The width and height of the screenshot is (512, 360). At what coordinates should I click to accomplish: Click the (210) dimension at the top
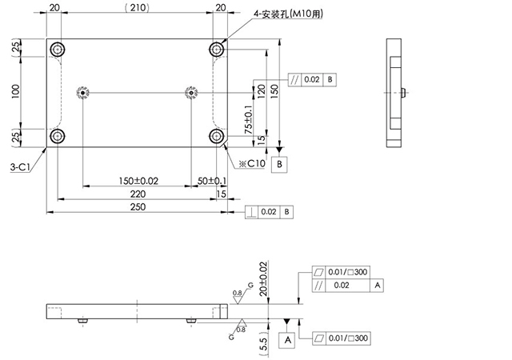click(x=138, y=8)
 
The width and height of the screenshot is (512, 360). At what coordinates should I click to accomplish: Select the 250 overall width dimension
click(x=138, y=206)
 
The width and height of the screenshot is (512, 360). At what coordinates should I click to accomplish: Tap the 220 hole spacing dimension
click(x=138, y=194)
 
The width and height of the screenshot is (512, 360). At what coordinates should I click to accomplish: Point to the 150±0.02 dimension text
click(x=138, y=181)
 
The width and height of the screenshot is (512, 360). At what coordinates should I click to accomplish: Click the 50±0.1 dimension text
click(x=212, y=181)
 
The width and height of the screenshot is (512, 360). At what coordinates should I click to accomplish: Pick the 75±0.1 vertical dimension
click(x=249, y=119)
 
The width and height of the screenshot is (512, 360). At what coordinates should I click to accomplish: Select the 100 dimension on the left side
click(x=15, y=92)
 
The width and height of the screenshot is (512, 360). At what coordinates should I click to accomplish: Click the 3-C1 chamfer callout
click(x=20, y=167)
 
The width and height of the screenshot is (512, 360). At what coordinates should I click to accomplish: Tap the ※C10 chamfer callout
click(x=252, y=163)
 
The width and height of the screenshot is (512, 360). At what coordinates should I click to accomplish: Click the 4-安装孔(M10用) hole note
click(x=288, y=14)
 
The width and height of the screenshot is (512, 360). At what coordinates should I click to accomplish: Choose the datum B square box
click(x=279, y=164)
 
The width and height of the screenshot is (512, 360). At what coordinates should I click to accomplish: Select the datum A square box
click(x=287, y=340)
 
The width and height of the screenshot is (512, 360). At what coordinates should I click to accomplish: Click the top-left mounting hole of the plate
click(x=58, y=50)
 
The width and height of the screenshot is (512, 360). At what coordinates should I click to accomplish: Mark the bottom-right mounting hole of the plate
click(x=216, y=135)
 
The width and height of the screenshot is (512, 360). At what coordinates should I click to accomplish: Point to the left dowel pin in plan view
click(x=83, y=93)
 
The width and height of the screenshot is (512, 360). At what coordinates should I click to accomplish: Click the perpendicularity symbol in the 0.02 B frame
click(x=251, y=212)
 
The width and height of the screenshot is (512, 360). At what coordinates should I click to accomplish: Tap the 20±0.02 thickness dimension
click(x=263, y=279)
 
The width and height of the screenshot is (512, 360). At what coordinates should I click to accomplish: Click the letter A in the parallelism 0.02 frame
click(x=377, y=285)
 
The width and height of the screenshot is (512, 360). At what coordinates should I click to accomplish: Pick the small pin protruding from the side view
click(x=403, y=93)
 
